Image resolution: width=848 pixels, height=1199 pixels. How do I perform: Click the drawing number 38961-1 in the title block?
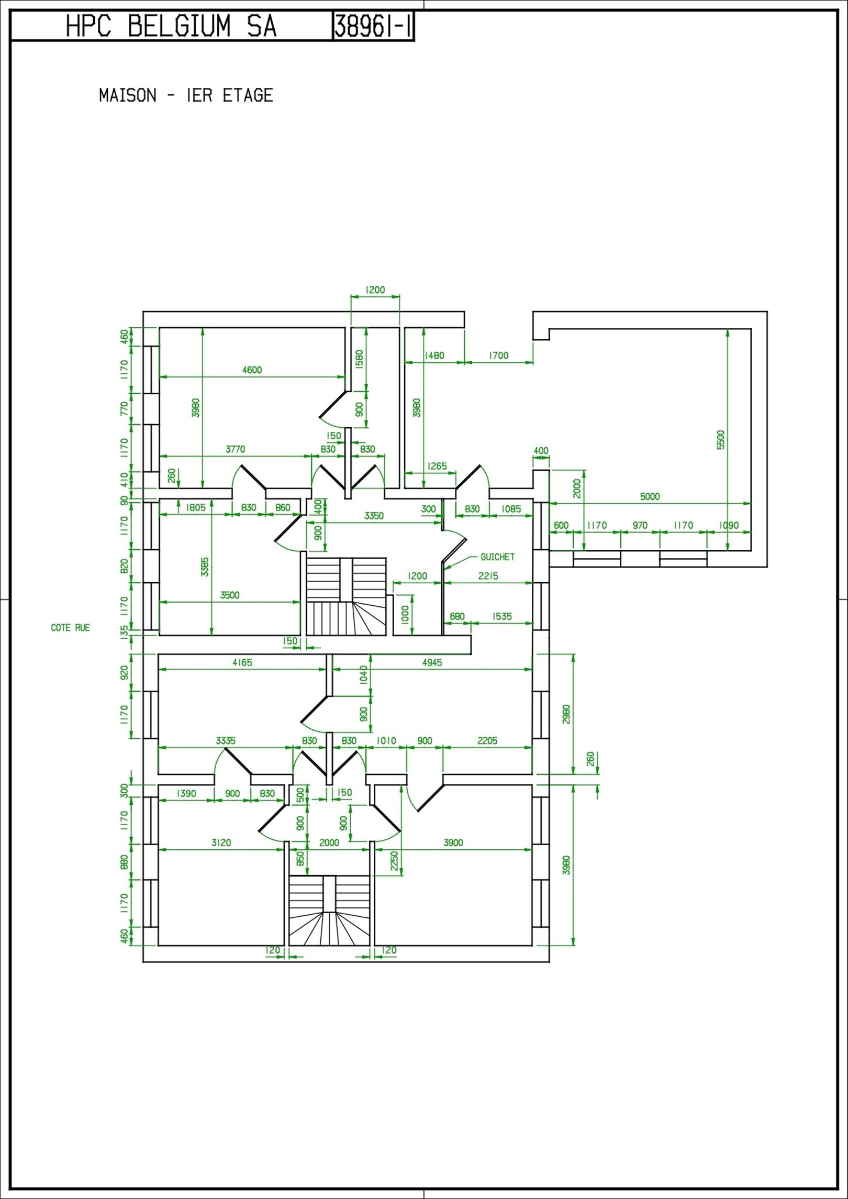[373, 26]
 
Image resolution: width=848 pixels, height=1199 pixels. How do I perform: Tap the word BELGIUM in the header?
[179, 26]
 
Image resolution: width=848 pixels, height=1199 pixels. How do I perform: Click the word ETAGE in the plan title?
[248, 95]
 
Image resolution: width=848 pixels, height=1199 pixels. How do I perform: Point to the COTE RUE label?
[70, 627]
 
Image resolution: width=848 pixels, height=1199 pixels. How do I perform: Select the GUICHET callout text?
[497, 557]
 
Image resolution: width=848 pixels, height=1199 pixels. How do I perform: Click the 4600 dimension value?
[252, 370]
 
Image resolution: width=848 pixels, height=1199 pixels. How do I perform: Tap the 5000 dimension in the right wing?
[650, 496]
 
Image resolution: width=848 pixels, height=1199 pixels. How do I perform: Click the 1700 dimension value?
[498, 356]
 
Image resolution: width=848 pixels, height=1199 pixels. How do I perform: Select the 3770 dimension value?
[235, 449]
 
